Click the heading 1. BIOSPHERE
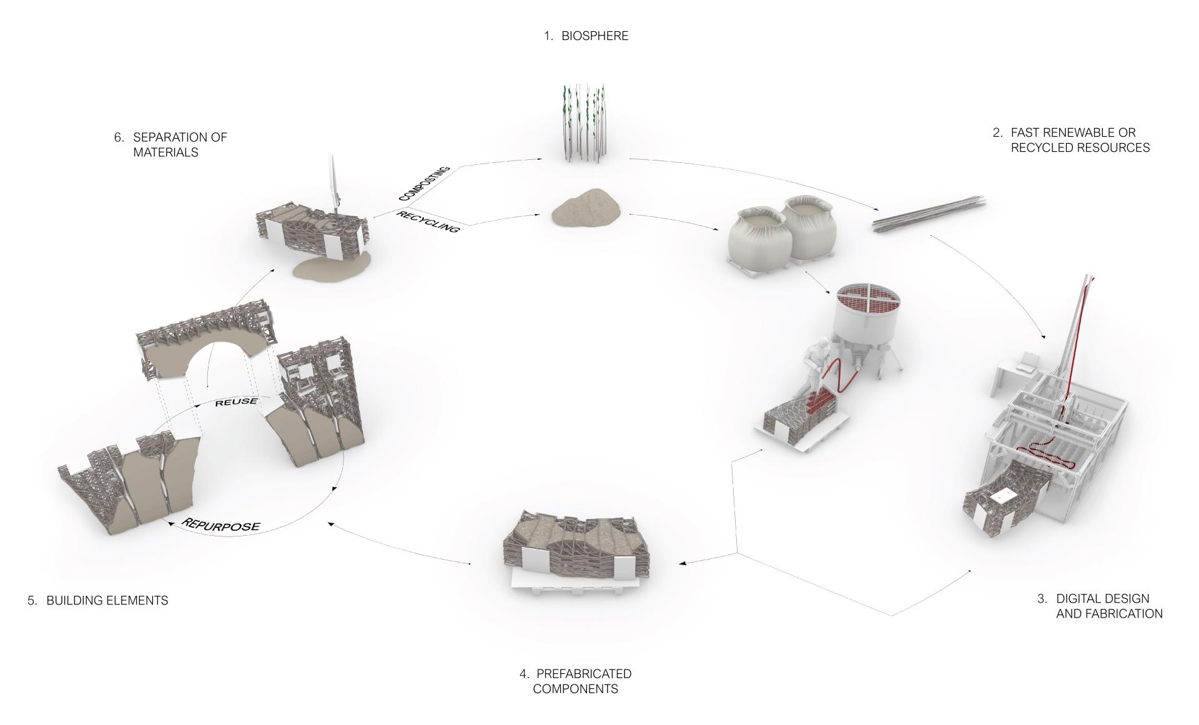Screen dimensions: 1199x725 [x=586, y=36]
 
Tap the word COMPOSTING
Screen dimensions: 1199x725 [x=425, y=184]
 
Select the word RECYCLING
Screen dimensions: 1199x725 [x=428, y=222]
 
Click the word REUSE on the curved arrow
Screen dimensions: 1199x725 [x=236, y=402]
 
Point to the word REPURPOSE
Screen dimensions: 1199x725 [x=220, y=524]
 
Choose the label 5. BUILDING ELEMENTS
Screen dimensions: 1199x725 [x=98, y=600]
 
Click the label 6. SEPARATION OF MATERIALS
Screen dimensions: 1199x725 [x=170, y=144]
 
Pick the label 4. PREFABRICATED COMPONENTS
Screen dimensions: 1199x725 [x=575, y=681]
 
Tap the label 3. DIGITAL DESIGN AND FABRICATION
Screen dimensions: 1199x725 [x=1100, y=606]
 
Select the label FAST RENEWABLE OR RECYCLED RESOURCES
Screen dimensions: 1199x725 [x=1080, y=140]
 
